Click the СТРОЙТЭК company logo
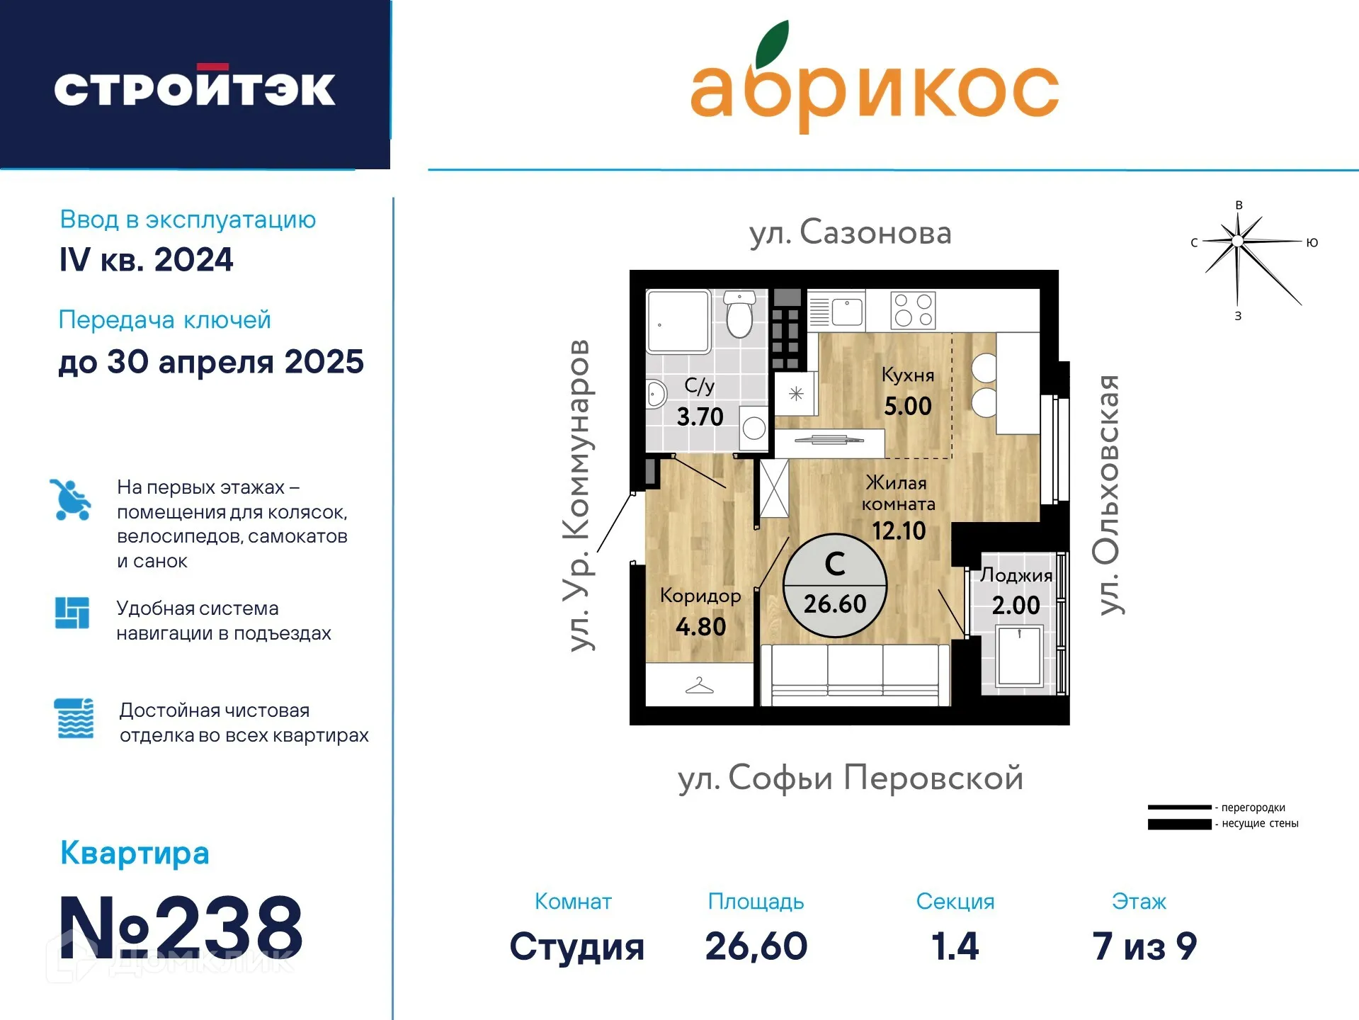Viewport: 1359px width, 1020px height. point(195,89)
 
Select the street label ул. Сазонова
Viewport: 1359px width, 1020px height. point(851,233)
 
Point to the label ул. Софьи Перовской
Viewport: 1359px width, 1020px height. point(851,778)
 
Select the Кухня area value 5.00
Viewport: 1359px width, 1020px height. point(907,407)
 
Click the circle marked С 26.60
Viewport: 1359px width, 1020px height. point(835,585)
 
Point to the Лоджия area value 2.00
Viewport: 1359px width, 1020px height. point(1016,606)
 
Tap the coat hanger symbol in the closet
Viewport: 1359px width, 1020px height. point(699,686)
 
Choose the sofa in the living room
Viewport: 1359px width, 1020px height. point(855,675)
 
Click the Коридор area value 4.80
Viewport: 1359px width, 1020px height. point(700,627)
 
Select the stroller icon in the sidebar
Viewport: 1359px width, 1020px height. point(71,499)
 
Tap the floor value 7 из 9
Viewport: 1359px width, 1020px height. point(1144,946)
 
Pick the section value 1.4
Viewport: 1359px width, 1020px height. point(955,946)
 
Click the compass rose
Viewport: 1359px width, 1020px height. point(1238,242)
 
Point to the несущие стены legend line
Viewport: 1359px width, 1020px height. point(1179,824)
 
